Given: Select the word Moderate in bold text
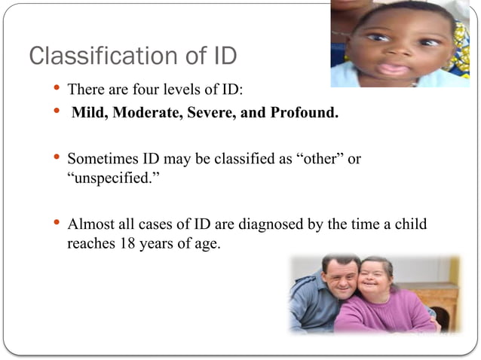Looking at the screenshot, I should (x=142, y=114).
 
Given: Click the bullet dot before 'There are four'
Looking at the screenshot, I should (x=56, y=88).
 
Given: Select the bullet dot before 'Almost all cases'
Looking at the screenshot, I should (x=56, y=222).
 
